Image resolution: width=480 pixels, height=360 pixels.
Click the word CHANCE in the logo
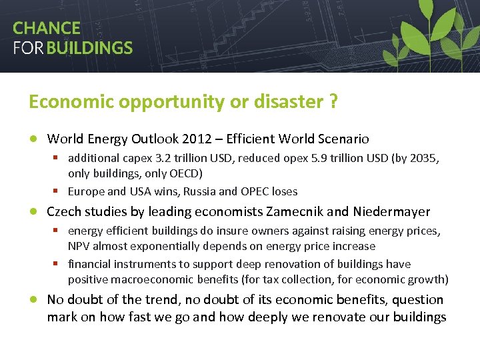47,28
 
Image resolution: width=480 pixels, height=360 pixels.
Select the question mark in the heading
332,102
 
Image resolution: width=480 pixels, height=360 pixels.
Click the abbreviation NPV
79,246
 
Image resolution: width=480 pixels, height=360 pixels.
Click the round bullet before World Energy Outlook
33,139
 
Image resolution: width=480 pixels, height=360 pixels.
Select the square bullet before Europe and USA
57,191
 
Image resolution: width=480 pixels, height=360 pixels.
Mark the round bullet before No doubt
33,300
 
